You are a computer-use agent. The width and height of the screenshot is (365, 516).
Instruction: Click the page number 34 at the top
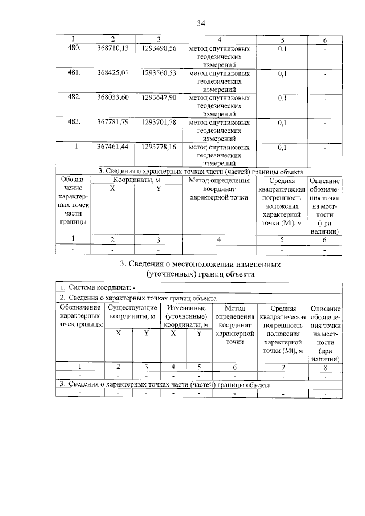pos(201,23)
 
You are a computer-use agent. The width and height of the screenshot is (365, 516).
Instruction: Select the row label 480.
pos(74,49)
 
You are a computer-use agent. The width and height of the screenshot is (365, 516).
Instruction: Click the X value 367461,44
pos(112,147)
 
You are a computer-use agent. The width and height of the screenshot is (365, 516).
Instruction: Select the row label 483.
pos(74,122)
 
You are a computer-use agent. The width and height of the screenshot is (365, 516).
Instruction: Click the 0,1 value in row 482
pos(282,98)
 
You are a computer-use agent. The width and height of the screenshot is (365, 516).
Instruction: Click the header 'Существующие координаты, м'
pos(132,312)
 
